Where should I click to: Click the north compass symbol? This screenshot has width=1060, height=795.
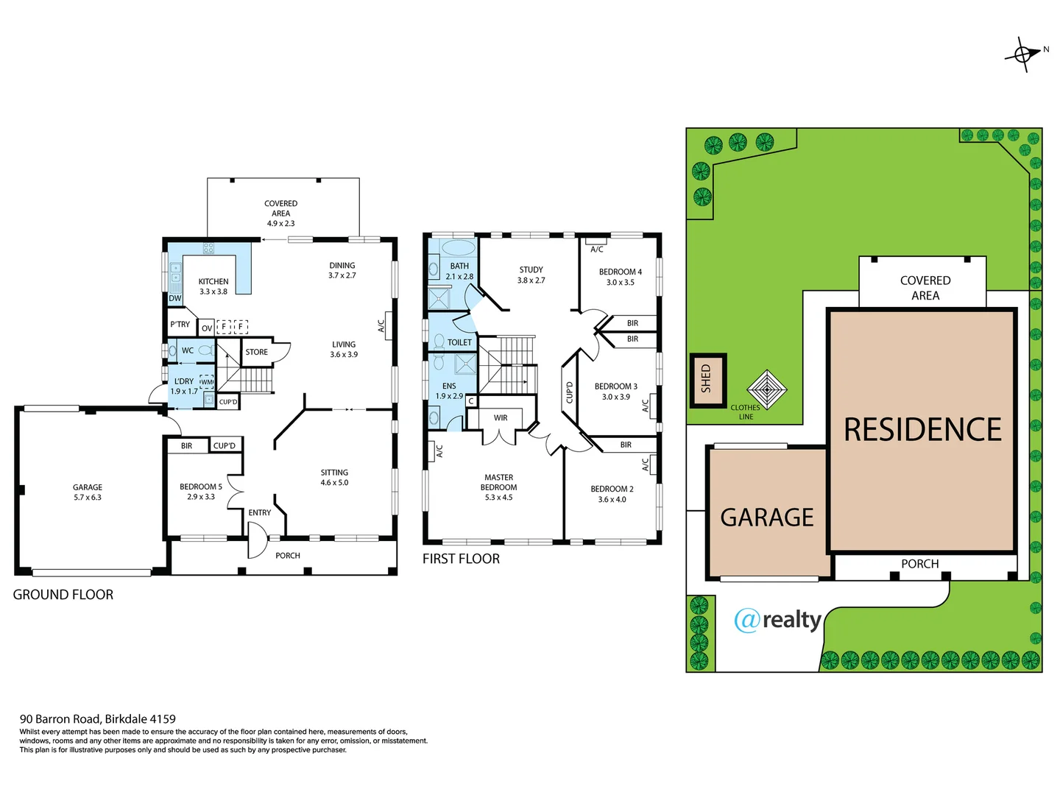1023,54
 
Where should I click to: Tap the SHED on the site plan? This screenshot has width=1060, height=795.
707,379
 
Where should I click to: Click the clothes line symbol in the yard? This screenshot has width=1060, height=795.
766,389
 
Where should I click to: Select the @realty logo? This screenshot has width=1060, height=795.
777,620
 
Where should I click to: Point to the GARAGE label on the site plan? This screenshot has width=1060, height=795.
766,517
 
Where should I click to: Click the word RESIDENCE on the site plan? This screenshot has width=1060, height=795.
922,430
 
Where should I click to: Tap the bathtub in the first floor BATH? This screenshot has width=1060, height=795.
459,247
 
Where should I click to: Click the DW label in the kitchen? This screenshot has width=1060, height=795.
175,298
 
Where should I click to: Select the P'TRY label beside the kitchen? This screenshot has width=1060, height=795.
180,324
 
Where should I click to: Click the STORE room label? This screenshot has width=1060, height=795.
256,352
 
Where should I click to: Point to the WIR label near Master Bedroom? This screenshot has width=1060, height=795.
501,417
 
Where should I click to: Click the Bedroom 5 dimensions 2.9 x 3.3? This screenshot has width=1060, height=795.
201,497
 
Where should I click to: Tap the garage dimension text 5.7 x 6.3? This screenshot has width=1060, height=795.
88,498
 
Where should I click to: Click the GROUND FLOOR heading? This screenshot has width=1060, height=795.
63,595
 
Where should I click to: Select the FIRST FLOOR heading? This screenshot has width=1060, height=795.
461,559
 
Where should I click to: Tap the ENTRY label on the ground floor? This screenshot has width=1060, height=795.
259,512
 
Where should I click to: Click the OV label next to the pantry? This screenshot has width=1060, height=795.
207,328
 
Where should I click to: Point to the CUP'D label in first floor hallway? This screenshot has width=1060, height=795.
569,392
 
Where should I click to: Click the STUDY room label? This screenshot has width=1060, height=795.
531,269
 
